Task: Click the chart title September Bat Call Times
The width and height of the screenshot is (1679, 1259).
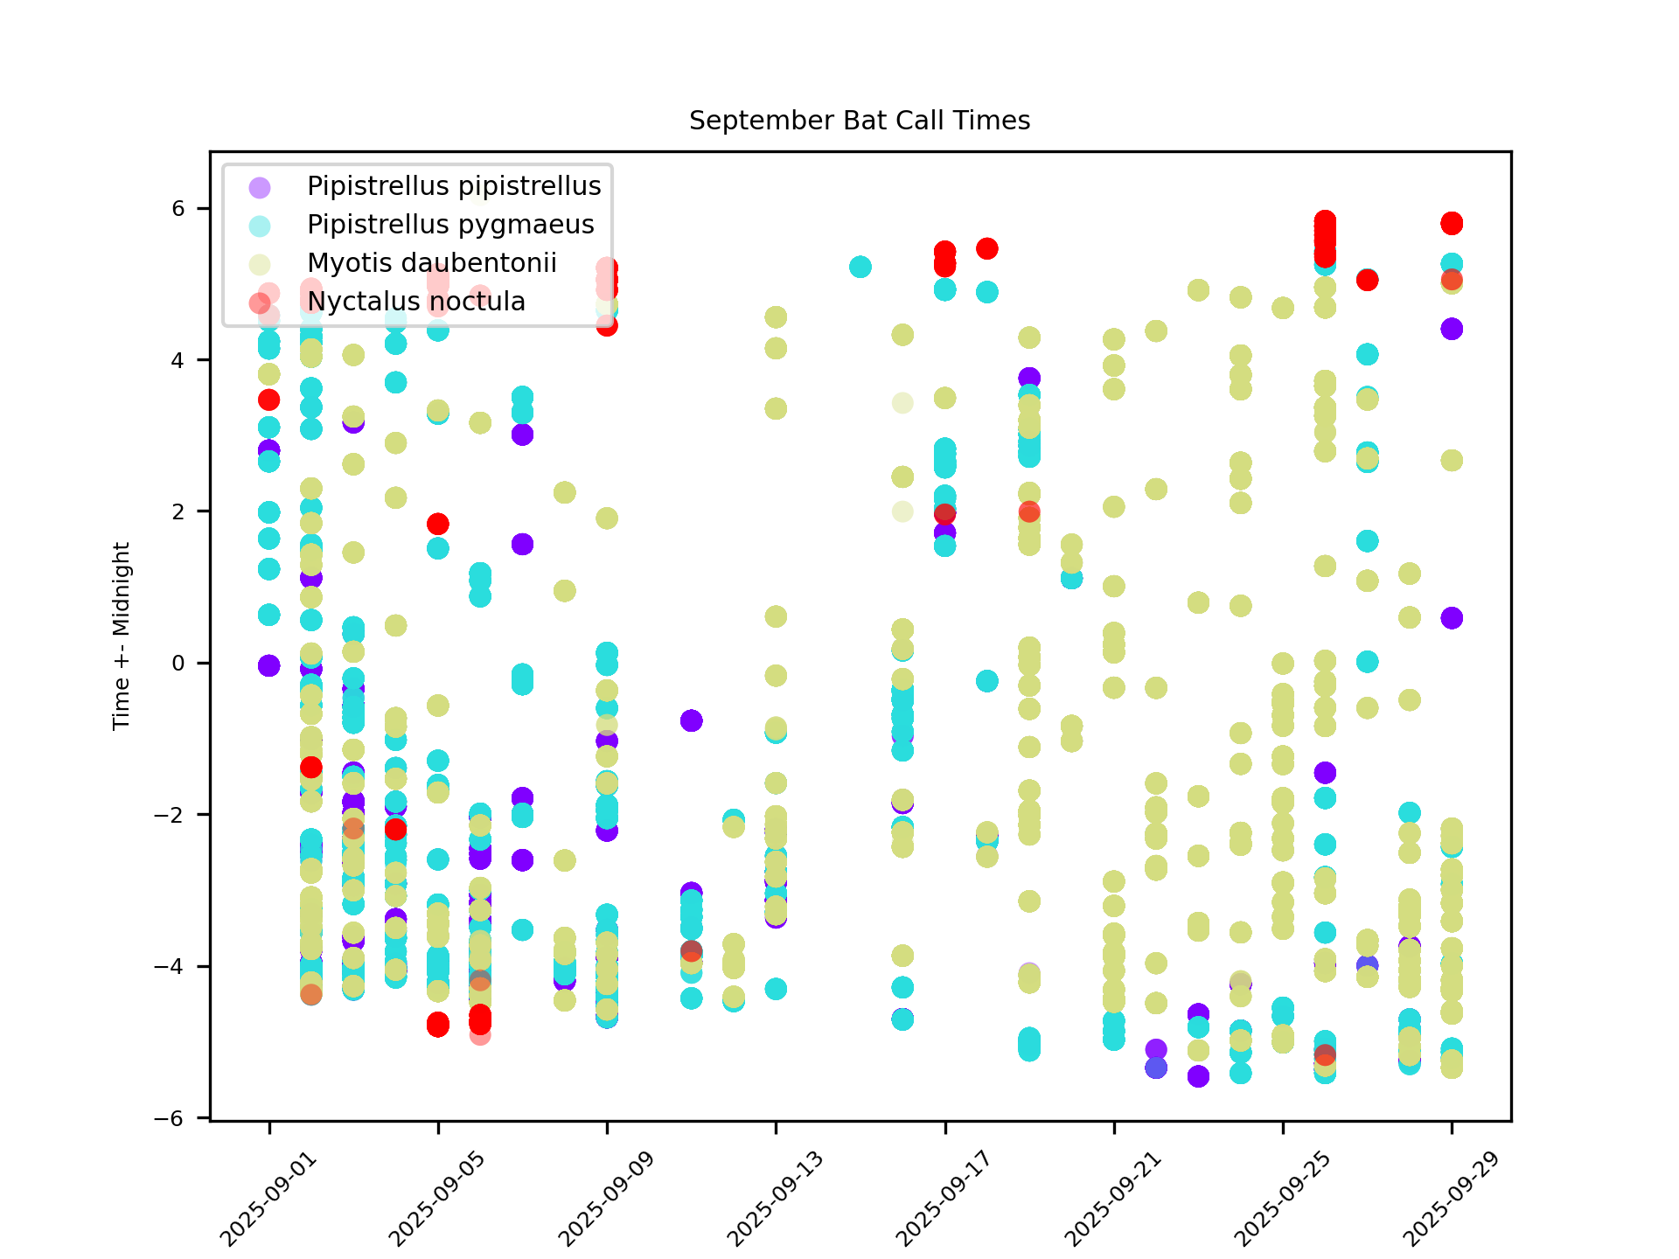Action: coord(860,121)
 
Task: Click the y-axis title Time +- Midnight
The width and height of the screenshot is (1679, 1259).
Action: coord(122,636)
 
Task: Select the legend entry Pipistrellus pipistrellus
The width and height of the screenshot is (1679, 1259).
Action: coord(454,186)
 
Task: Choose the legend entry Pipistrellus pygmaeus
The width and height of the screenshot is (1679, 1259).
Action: coord(450,225)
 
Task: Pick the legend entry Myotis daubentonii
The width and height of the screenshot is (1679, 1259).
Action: coord(432,263)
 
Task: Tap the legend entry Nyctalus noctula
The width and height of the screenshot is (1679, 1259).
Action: coord(416,302)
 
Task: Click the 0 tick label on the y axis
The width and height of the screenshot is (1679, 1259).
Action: coord(178,663)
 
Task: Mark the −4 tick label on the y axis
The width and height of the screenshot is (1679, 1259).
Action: coord(171,966)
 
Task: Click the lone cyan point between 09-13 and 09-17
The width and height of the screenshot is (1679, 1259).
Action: coord(860,267)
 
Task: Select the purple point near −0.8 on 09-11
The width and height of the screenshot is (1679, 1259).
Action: coord(691,720)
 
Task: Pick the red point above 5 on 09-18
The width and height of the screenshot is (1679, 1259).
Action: coord(987,248)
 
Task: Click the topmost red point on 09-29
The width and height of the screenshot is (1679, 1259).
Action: coord(1452,223)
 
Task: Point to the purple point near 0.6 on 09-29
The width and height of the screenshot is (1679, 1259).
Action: coord(1452,618)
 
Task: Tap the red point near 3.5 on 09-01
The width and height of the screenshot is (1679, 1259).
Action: coord(268,400)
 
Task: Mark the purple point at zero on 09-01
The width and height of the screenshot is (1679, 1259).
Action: coord(268,665)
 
